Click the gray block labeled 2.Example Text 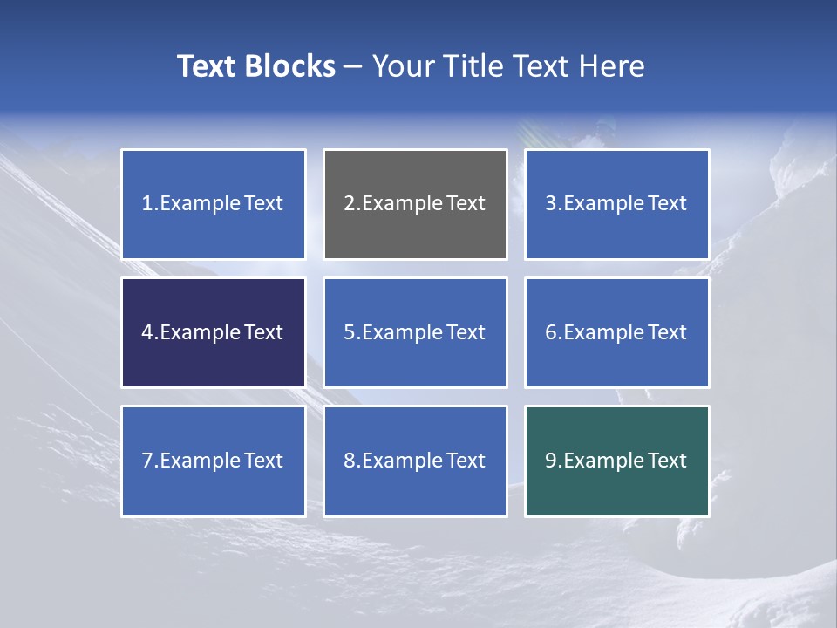415,204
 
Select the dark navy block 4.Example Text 213,332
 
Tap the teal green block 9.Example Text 616,461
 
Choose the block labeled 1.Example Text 213,204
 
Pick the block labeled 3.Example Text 616,204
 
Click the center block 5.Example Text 415,332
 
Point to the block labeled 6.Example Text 616,332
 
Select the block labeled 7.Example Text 213,461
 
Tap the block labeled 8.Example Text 415,461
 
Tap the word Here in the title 614,66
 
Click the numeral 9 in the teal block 551,461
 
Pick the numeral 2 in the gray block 349,204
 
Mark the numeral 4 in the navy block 147,332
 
